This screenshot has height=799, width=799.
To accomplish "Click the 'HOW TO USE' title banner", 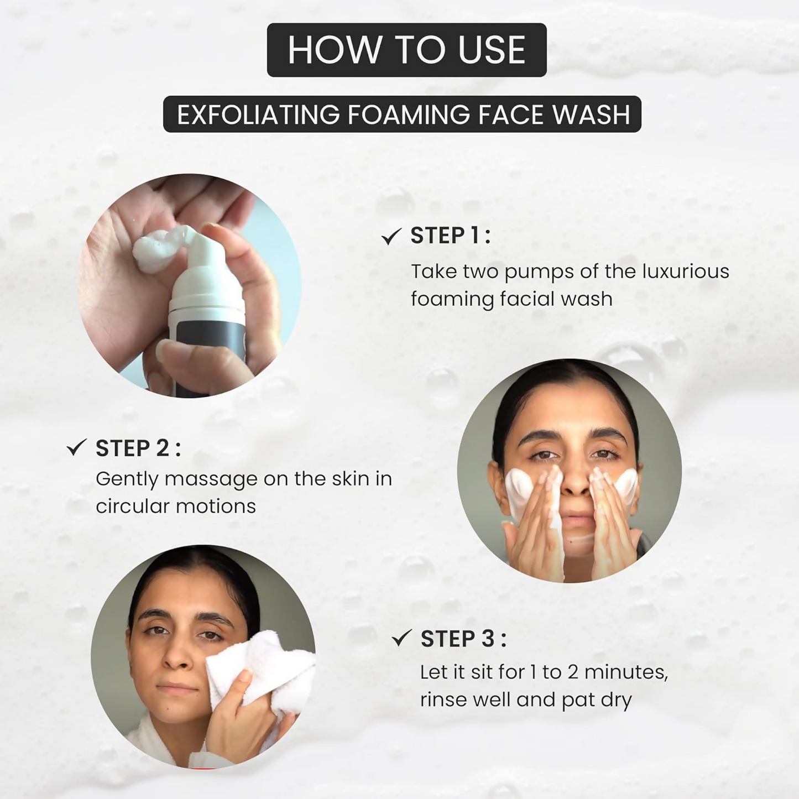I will click(x=406, y=50).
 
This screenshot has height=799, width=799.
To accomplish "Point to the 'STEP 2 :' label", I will click(x=138, y=448).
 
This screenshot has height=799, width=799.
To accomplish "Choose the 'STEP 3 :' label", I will click(x=463, y=639).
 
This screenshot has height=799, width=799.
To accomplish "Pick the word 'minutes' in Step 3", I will click(x=625, y=672).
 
